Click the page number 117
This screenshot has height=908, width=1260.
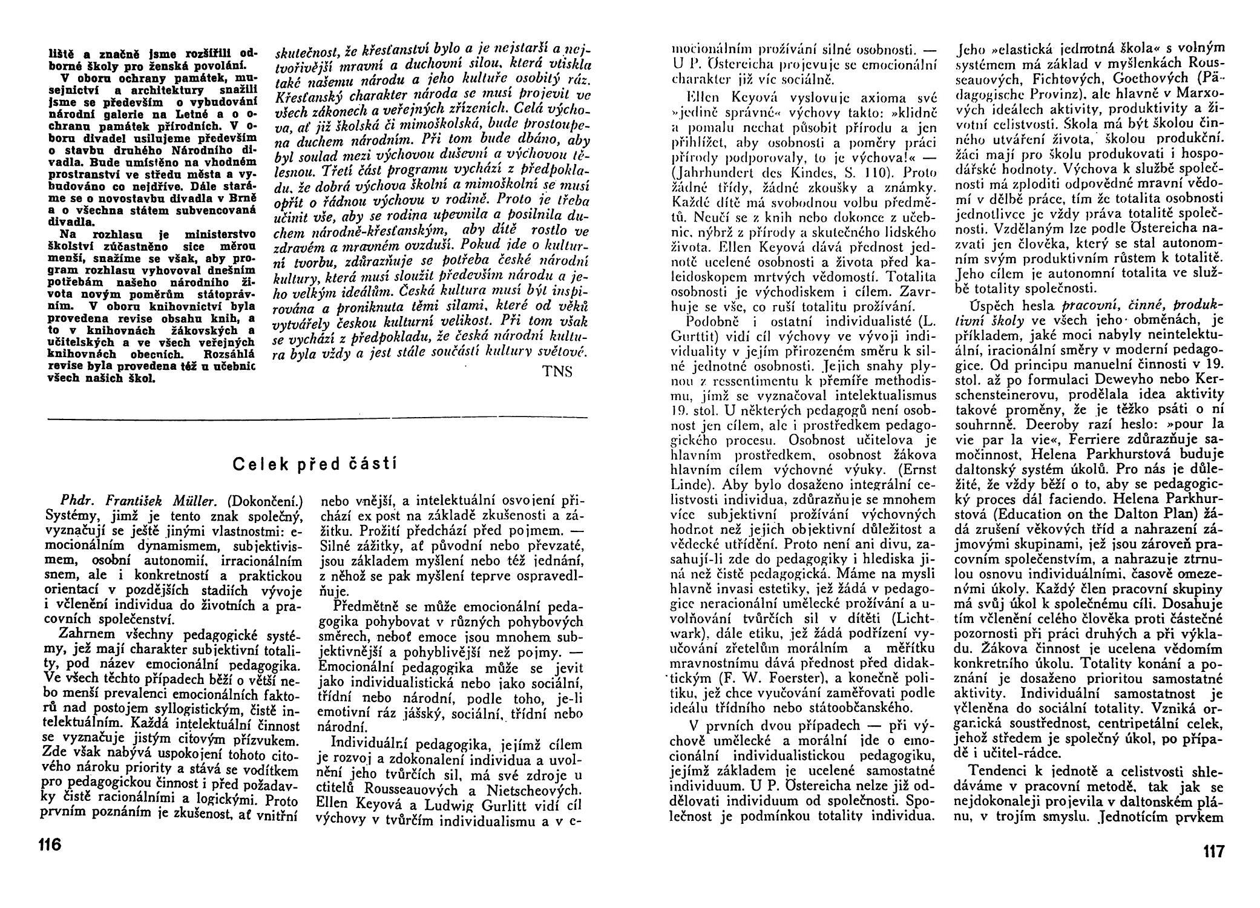pyautogui.click(x=1213, y=852)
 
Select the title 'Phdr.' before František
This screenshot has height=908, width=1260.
pyautogui.click(x=75, y=501)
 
